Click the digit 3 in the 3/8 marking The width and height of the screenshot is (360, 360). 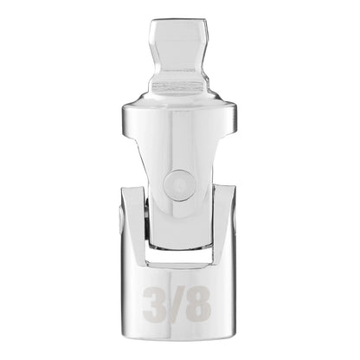tap(155, 304)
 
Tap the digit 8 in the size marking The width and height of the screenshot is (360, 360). tap(197, 304)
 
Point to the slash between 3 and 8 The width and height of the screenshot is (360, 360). tap(176, 304)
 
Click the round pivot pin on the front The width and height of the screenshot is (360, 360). tap(179, 184)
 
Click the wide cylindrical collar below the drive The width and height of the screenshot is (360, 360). tap(179, 119)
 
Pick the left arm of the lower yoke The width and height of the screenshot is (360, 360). tap(133, 225)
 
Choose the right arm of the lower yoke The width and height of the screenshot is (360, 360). tap(224, 225)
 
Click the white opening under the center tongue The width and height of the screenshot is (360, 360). tap(179, 256)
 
